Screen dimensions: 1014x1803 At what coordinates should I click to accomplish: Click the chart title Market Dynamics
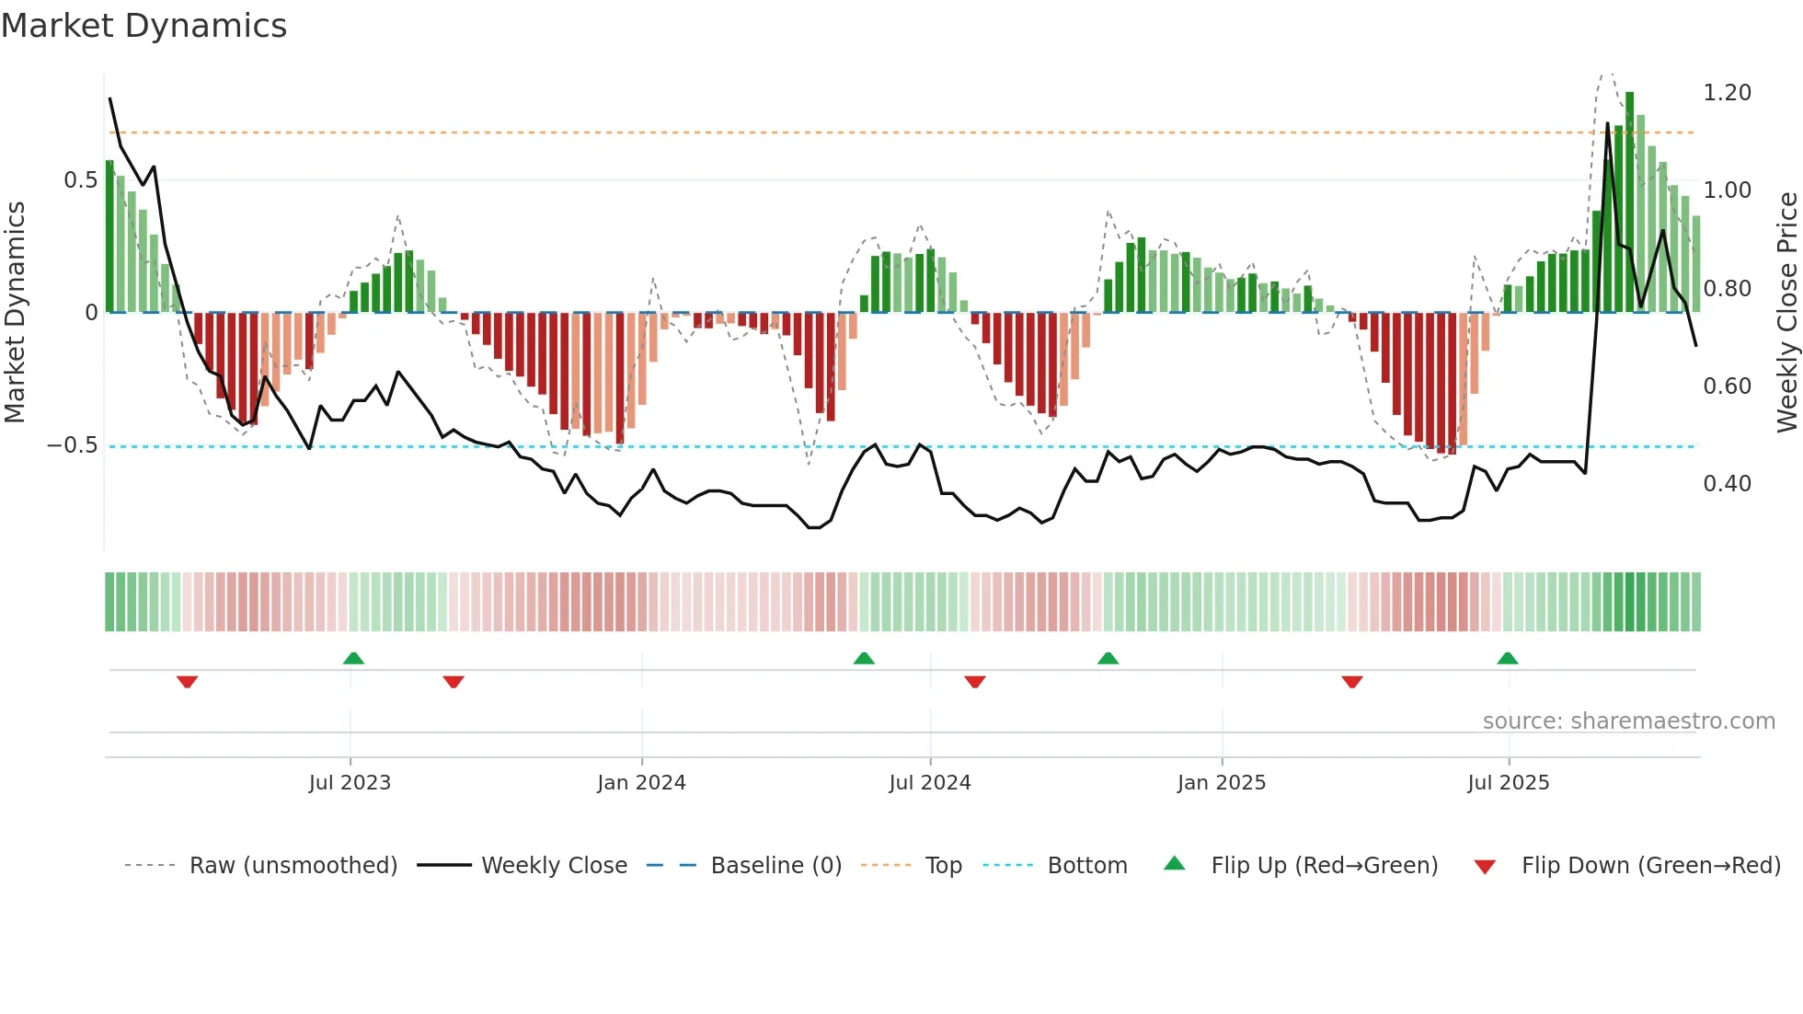(144, 26)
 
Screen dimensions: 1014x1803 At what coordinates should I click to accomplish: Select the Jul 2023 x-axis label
(350, 782)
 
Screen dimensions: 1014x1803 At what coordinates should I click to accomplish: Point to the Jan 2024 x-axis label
(641, 782)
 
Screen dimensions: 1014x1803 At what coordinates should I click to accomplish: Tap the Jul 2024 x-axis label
(929, 782)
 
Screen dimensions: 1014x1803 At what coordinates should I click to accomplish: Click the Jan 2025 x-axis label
(1221, 782)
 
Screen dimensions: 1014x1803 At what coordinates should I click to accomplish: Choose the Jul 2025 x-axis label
(1508, 782)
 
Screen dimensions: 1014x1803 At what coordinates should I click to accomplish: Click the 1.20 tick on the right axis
(1727, 93)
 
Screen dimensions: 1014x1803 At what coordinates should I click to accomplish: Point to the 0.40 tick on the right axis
(1727, 484)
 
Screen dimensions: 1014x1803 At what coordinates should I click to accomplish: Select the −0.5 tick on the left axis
(73, 445)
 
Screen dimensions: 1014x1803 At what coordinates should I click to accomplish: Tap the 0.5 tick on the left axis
(81, 180)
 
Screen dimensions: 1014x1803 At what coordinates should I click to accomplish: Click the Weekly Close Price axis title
(1786, 312)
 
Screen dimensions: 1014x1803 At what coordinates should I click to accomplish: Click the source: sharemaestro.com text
(1628, 721)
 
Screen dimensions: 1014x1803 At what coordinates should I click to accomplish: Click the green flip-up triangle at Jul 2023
(353, 658)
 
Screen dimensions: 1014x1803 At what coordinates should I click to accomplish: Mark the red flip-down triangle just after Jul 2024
(975, 682)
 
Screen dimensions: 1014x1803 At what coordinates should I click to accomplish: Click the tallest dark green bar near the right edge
(1629, 202)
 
